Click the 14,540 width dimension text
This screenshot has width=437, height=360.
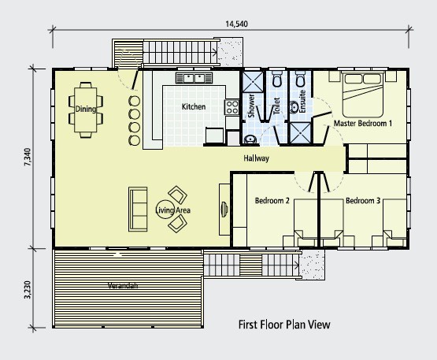click(x=236, y=24)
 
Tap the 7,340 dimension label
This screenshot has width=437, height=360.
click(x=28, y=157)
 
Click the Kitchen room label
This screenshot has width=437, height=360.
click(x=194, y=106)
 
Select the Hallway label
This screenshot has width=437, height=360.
click(x=257, y=158)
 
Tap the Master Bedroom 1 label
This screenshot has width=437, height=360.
click(x=363, y=123)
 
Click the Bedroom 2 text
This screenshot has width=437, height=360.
click(x=272, y=201)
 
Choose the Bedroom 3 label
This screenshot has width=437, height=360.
click(x=363, y=201)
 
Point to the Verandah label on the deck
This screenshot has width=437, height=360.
click(x=123, y=285)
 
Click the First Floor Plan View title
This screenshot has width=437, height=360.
click(x=284, y=325)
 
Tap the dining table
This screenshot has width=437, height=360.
click(x=86, y=109)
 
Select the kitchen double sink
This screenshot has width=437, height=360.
click(x=194, y=78)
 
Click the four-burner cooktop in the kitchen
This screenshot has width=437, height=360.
click(x=231, y=108)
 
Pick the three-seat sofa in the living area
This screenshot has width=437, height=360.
click(x=138, y=209)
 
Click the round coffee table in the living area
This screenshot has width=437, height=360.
click(x=165, y=210)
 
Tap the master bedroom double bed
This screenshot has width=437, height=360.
click(x=363, y=95)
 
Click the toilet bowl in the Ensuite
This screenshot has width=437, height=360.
click(x=300, y=80)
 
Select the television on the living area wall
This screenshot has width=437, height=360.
click(x=224, y=209)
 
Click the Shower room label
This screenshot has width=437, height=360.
click(x=251, y=106)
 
